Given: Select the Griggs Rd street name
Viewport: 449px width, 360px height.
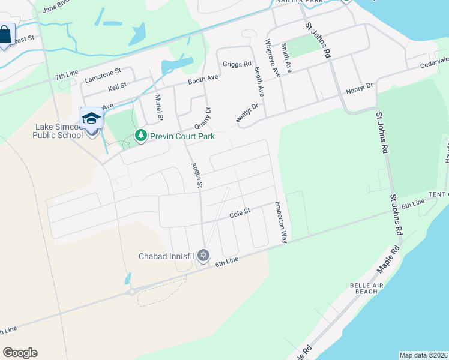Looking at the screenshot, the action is pyautogui.click(x=237, y=64).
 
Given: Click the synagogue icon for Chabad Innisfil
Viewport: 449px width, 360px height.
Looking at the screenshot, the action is pyautogui.click(x=203, y=256).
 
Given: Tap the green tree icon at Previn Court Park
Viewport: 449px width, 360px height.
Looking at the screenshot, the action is pyautogui.click(x=141, y=136).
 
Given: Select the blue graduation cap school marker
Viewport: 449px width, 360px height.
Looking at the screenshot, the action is pyautogui.click(x=91, y=118).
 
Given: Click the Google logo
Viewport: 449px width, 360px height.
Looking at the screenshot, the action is pyautogui.click(x=20, y=353).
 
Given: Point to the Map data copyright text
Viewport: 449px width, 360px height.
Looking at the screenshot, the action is pyautogui.click(x=423, y=355).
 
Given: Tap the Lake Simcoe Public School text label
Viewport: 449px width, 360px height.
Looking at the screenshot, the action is pyautogui.click(x=58, y=131).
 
